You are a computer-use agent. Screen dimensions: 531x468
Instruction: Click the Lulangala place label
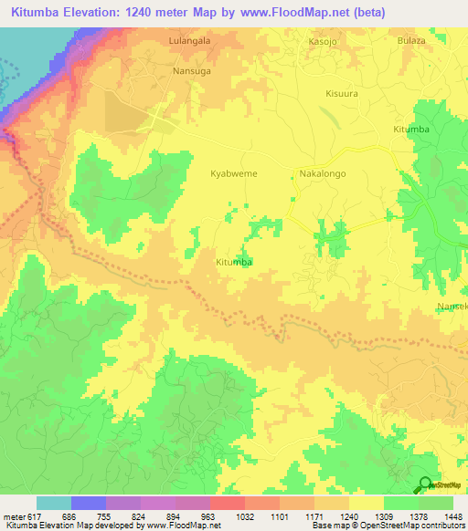pos(190,42)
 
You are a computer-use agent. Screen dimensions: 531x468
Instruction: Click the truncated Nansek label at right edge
pos(452,307)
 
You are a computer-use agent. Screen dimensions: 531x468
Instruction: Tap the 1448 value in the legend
pos(452,515)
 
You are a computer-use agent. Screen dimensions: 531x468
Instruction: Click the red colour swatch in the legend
pos(227,503)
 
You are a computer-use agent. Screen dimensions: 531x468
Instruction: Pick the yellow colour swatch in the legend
pos(366,503)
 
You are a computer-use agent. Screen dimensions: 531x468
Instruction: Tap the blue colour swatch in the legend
pos(89,503)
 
